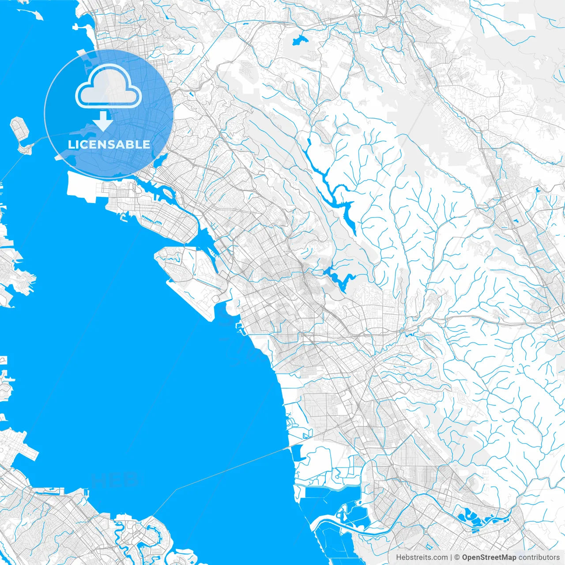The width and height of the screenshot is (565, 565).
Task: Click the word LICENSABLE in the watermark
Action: click(109, 144)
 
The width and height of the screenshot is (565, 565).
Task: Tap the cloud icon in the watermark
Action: click(109, 87)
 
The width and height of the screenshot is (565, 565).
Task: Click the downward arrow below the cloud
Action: click(103, 121)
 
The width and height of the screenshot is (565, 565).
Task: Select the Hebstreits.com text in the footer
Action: click(422, 557)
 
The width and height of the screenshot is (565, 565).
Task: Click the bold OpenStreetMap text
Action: click(489, 557)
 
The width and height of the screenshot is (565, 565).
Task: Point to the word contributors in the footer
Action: click(539, 557)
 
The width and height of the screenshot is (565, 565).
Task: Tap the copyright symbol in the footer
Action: click(457, 557)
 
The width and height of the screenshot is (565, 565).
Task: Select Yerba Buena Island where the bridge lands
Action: click(26, 148)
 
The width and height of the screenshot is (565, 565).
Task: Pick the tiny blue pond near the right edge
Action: click(537, 190)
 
